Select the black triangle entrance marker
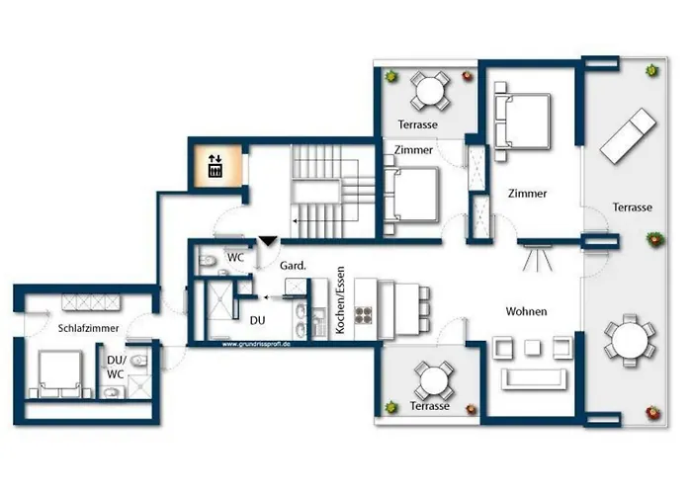pos(265,241)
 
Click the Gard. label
pos(292,266)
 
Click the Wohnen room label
pos(526,312)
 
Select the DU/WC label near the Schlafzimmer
pos(116,367)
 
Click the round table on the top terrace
pos(430,92)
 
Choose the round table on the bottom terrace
pos(433,377)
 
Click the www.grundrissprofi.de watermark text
pos(257,344)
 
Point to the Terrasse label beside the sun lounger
pos(632,207)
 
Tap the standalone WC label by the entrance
pos(236,257)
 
